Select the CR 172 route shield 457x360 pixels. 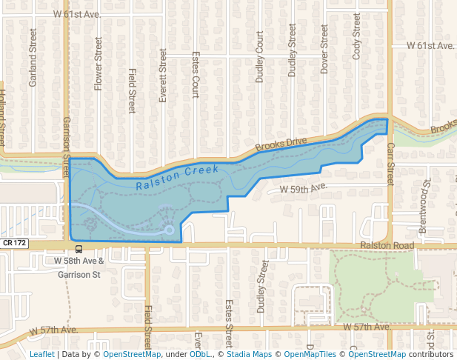click(15, 243)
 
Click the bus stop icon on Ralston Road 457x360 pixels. click(79, 250)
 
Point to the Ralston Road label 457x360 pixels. click(385, 245)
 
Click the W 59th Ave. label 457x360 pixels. click(303, 190)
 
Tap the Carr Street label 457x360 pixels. click(390, 164)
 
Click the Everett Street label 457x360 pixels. click(164, 75)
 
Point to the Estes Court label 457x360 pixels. click(196, 75)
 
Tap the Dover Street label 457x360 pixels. click(324, 49)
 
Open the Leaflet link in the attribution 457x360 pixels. click(41, 354)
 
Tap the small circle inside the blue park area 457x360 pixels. click(170, 230)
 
